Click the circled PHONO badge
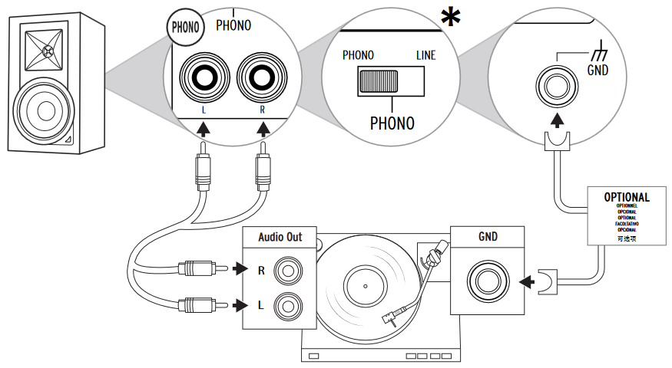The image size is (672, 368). point(185,28)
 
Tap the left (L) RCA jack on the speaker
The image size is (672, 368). point(203,78)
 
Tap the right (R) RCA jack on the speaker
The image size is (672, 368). point(263,78)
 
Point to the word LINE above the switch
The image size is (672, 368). point(425,55)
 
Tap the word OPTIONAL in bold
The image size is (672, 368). point(627,197)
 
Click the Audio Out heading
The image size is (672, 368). point(280,237)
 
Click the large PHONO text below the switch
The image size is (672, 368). point(392,123)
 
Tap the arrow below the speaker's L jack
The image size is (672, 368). point(203,130)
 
